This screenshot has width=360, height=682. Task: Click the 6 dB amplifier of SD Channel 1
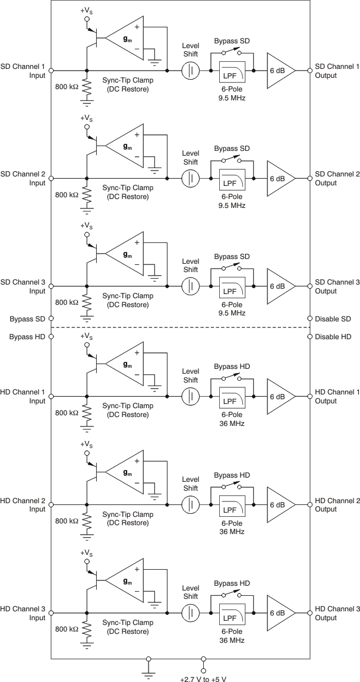pos(278,70)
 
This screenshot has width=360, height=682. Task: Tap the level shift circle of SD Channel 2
pos(190,178)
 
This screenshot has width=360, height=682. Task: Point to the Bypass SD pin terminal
pos(51,319)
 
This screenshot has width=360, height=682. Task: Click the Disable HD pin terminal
pos(310,337)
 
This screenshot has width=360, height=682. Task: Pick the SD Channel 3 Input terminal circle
pos(51,286)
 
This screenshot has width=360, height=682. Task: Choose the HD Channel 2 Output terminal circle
pos(310,504)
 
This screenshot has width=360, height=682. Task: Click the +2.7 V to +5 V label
pos(203,677)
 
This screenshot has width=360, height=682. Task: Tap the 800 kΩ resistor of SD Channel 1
pos(87,89)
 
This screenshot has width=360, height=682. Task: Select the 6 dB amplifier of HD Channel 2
pos(278,504)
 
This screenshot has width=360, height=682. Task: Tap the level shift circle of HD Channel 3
pos(190,612)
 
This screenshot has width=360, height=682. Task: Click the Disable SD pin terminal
pos(310,319)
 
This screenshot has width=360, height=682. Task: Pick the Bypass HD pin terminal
pos(51,337)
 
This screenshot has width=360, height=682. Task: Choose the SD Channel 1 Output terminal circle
pos(310,70)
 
